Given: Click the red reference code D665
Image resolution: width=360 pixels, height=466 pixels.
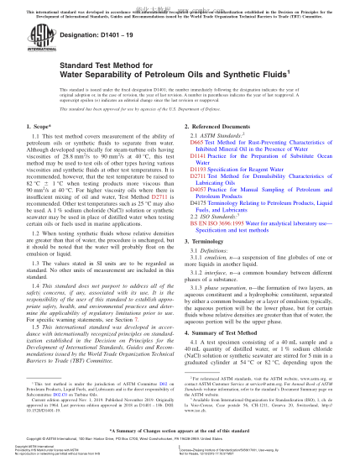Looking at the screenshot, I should click(195, 166).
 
